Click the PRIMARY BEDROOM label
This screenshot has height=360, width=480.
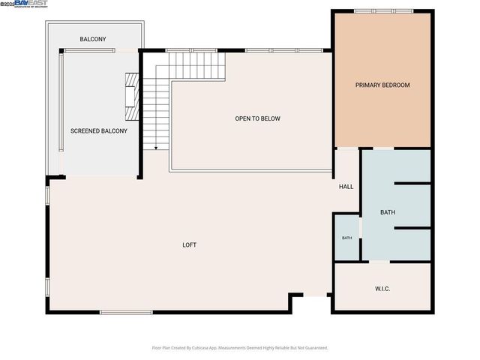pyautogui.click(x=382, y=85)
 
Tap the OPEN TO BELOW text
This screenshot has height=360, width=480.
pyautogui.click(x=257, y=118)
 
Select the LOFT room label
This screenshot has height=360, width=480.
pyautogui.click(x=190, y=245)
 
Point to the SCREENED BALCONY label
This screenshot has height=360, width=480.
pyautogui.click(x=99, y=131)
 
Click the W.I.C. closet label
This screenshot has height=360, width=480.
pyautogui.click(x=382, y=289)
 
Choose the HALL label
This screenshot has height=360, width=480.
pyautogui.click(x=346, y=187)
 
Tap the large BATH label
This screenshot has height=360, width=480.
pyautogui.click(x=387, y=213)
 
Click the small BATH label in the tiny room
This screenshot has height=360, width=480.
pyautogui.click(x=347, y=238)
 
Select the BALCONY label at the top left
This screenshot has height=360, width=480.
pyautogui.click(x=93, y=39)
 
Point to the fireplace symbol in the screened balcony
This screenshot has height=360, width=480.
pyautogui.click(x=132, y=97)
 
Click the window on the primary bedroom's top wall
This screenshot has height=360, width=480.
pyautogui.click(x=373, y=10)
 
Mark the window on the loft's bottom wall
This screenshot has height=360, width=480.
pyautogui.click(x=126, y=312)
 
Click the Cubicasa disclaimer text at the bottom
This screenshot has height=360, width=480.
pyautogui.click(x=240, y=348)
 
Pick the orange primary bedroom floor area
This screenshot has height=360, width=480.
pyautogui.click(x=382, y=112)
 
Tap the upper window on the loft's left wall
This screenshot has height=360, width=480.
pyautogui.click(x=48, y=194)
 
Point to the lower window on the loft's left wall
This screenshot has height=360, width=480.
pyautogui.click(x=48, y=287)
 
